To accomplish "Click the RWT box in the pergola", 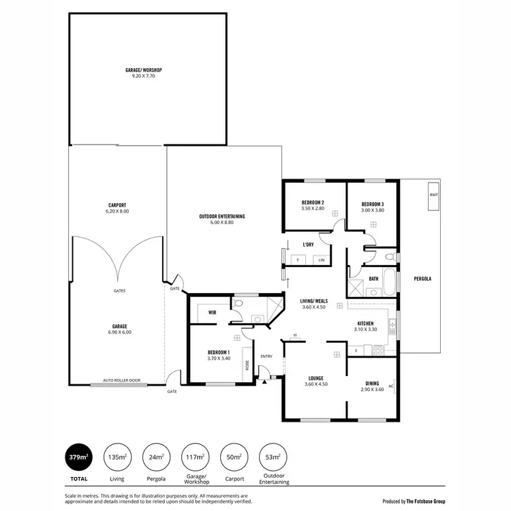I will (x=433, y=194).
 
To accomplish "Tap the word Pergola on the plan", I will (x=422, y=279).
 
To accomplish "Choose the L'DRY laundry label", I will (x=307, y=244).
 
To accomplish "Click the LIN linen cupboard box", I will (x=322, y=260).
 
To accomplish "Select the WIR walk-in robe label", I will (x=212, y=313).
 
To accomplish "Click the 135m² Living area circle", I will (x=117, y=457).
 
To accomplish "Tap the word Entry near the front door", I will (x=266, y=356).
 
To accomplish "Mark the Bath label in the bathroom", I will (x=373, y=278).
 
